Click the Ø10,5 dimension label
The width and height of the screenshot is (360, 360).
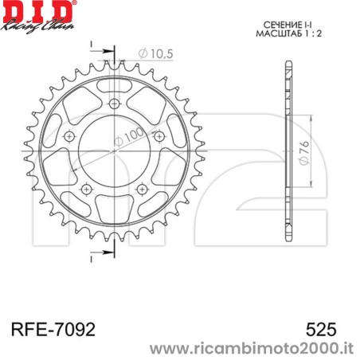coord(156,53)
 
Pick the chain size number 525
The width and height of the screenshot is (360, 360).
coord(321,328)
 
